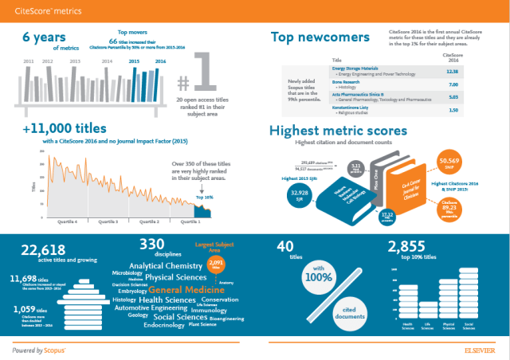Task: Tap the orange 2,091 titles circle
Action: click(x=216, y=263)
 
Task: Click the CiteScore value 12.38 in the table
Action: click(x=452, y=71)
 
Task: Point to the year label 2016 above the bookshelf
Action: click(x=160, y=61)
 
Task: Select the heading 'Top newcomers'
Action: click(x=314, y=37)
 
